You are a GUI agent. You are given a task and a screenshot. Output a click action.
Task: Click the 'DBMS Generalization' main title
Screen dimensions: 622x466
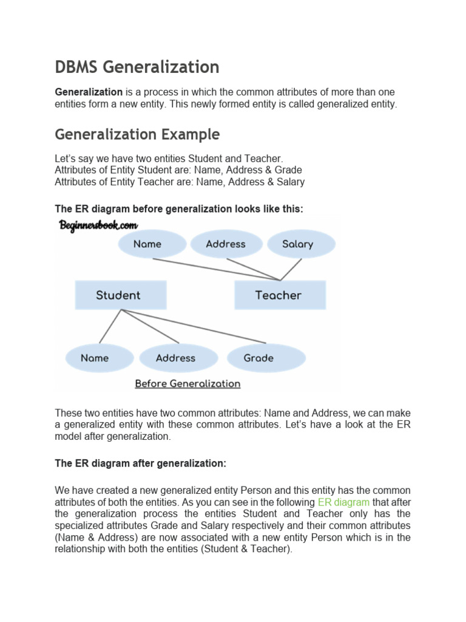point(137,66)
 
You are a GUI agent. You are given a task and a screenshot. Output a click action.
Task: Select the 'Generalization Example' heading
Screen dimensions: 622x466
point(137,134)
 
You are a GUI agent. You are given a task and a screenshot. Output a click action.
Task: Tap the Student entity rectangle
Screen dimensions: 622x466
point(120,295)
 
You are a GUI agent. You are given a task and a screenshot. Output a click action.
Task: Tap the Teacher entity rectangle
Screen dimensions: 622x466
point(280,295)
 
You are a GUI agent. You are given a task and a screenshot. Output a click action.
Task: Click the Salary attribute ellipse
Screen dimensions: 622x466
point(298,244)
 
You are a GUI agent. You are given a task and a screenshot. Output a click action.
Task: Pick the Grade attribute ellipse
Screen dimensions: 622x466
point(258,358)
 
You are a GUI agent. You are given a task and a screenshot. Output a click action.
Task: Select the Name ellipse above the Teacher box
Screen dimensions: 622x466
point(147,244)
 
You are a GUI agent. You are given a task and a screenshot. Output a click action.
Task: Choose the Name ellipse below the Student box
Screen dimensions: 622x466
point(95,358)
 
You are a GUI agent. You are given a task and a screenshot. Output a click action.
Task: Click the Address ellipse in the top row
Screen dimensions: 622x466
point(226,244)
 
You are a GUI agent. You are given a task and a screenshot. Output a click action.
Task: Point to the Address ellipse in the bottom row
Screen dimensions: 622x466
point(175,358)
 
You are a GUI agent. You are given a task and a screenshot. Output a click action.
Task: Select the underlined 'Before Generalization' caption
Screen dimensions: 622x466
point(187,384)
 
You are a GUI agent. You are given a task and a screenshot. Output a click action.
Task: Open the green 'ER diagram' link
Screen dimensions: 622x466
point(343,502)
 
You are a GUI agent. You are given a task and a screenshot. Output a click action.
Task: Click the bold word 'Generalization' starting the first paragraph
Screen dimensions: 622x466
point(89,92)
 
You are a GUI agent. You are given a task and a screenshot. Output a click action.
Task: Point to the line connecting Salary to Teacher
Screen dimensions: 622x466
point(291,269)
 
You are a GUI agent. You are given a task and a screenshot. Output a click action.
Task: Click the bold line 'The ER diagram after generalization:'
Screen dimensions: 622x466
point(140,463)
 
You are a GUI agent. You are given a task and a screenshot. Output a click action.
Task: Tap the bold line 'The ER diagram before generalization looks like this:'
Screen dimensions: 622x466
point(179,209)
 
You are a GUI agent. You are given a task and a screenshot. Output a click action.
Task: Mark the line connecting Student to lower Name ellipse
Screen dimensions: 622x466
point(110,326)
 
